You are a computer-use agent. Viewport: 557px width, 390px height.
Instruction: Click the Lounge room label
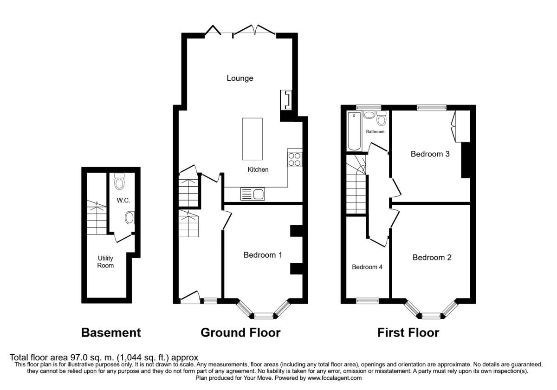(x=240, y=78)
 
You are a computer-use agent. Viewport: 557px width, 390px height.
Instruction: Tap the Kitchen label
(x=258, y=169)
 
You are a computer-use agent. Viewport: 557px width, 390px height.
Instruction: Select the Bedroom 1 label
(x=263, y=254)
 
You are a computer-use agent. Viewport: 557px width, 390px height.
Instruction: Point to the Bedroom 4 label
(x=367, y=267)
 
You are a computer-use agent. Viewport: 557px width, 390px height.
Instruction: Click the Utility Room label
(x=105, y=261)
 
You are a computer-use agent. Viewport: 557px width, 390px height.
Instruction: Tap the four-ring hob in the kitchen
(x=295, y=159)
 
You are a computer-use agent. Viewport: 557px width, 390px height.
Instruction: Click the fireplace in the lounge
(x=286, y=100)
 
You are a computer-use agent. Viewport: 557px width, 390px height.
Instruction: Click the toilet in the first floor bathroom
(x=382, y=119)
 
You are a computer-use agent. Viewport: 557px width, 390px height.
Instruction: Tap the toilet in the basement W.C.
(x=119, y=182)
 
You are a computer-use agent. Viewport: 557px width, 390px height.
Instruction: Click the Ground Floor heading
(x=240, y=332)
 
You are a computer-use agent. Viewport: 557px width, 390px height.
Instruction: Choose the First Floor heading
(x=408, y=332)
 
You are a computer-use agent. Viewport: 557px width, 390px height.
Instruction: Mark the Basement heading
(x=111, y=332)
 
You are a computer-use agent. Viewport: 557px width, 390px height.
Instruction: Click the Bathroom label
(x=375, y=131)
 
